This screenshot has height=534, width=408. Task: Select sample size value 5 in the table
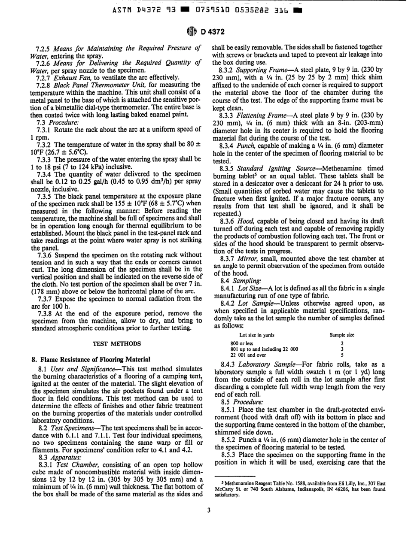pyautogui.click(x=342, y=331)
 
